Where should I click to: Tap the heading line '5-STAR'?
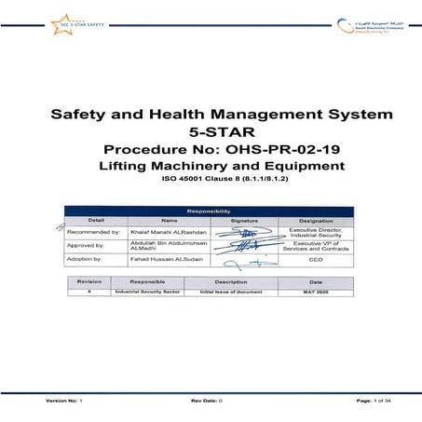click(x=211, y=130)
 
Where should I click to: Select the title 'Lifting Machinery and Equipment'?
click(x=211, y=166)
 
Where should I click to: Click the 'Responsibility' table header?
click(x=211, y=211)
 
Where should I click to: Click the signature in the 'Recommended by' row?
click(x=244, y=232)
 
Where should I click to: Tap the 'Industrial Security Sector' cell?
click(x=147, y=292)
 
